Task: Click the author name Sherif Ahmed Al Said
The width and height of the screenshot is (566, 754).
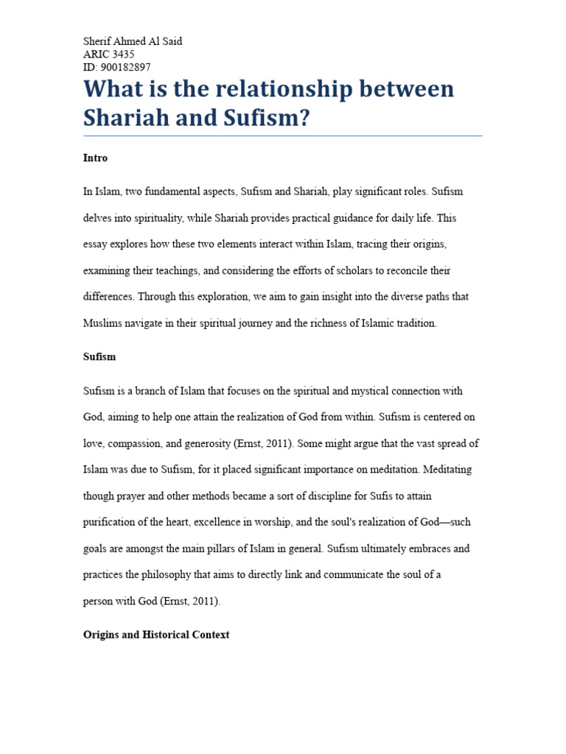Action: pos(133,41)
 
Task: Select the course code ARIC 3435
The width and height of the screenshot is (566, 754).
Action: pos(109,54)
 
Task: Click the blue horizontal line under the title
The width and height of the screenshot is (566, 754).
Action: pos(282,135)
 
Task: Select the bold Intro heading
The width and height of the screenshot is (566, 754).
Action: pos(95,158)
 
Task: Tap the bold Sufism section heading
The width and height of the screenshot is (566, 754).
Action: pos(99,357)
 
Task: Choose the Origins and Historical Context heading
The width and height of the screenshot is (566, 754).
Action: pos(156,635)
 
